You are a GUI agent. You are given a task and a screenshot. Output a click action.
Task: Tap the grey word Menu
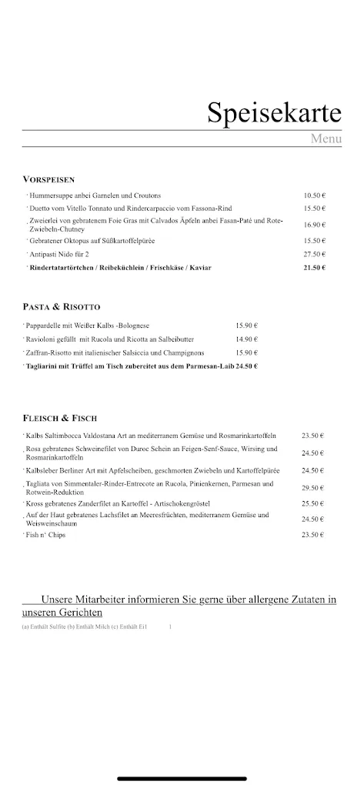tap(326, 139)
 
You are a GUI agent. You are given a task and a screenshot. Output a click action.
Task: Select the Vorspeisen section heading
tap(48, 179)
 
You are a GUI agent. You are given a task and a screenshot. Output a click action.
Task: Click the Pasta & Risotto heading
tap(62, 306)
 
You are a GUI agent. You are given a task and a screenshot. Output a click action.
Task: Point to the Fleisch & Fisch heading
tap(60, 418)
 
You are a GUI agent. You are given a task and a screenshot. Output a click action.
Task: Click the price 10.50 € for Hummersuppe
tap(314, 195)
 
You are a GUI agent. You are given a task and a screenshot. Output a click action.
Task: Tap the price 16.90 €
tap(314, 225)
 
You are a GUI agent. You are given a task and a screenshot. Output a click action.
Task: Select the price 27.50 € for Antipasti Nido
tap(314, 254)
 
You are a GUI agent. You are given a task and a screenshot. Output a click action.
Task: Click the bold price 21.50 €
tap(314, 268)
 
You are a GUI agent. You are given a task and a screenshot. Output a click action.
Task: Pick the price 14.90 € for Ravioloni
tap(246, 339)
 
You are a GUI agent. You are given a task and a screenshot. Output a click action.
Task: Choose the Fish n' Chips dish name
tap(45, 535)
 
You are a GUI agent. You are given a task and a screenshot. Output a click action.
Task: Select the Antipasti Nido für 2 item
tap(59, 254)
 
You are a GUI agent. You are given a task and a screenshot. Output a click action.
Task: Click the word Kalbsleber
tap(44, 470)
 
